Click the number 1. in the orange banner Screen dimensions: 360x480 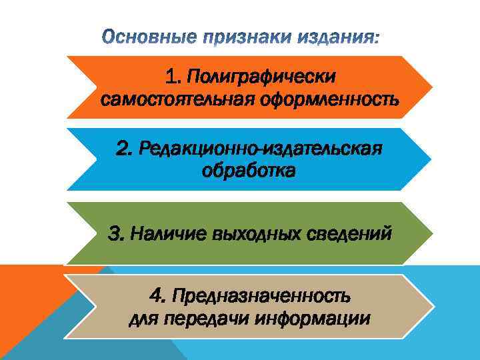[175, 78]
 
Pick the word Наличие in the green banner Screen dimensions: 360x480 [169, 234]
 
